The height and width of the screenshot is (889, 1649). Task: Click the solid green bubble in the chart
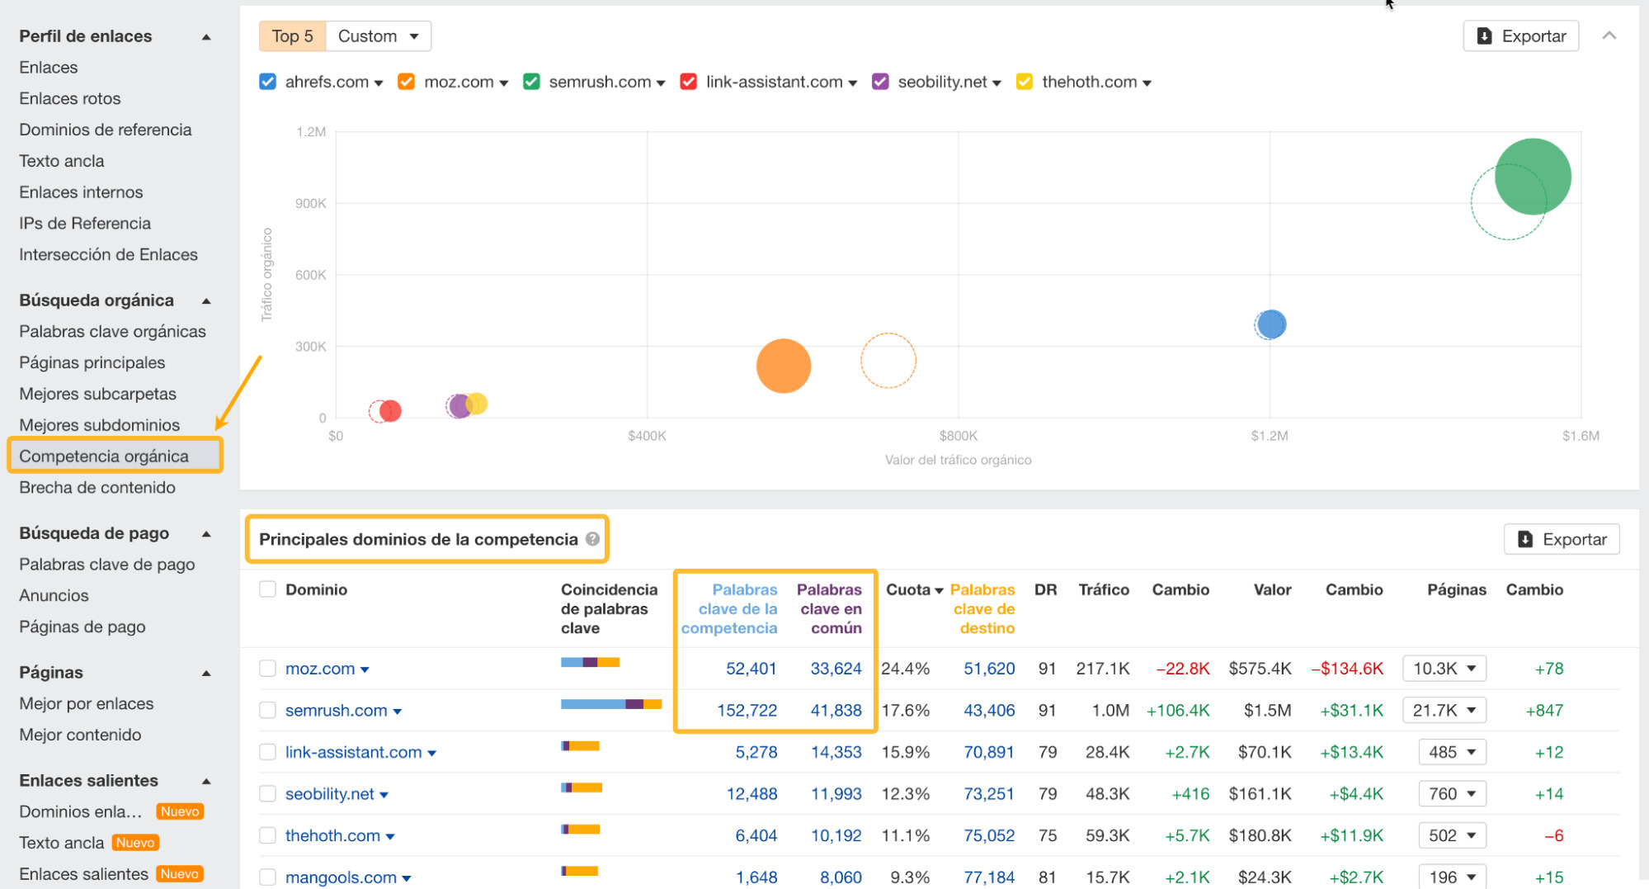pos(1533,176)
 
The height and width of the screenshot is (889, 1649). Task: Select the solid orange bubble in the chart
pos(783,366)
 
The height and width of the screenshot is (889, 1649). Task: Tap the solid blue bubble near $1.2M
pos(1271,324)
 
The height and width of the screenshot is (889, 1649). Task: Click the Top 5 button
pos(292,36)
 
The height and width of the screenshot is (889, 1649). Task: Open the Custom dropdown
pos(379,36)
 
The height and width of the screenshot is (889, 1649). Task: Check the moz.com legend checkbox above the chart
pos(406,82)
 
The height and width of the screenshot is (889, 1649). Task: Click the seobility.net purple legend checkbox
pos(880,82)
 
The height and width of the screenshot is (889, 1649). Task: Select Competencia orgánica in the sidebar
pos(104,456)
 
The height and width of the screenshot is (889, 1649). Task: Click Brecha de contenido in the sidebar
pos(97,487)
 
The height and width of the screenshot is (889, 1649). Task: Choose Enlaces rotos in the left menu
pos(70,98)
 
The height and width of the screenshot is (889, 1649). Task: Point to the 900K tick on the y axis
pos(311,203)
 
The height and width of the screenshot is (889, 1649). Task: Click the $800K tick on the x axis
pos(958,436)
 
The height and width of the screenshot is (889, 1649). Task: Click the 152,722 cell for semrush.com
pos(747,710)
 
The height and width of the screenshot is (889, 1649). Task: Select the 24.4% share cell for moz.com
pos(905,669)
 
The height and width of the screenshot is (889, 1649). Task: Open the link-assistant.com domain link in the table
pos(353,752)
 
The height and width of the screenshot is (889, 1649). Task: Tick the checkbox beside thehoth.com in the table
pos(267,835)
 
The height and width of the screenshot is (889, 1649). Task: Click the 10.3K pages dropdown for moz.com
pos(1444,669)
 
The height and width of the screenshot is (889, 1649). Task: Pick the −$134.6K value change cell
pos(1347,669)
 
